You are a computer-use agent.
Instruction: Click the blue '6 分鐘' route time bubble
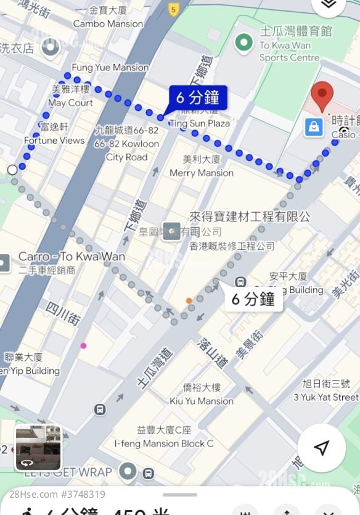(198, 97)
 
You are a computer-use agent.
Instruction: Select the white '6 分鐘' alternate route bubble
(253, 299)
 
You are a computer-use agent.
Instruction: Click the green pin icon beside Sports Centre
(245, 43)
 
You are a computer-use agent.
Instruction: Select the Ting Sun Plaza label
(200, 123)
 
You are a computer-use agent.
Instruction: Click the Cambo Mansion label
(108, 23)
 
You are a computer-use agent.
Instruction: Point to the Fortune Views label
(54, 140)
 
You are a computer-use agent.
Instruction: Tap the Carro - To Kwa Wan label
(72, 257)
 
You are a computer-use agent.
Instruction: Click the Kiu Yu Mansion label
(202, 400)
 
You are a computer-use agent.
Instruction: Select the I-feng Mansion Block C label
(164, 443)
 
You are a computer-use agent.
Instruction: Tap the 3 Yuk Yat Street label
(326, 397)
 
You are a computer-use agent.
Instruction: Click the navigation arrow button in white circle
(321, 448)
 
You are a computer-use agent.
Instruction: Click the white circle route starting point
(12, 170)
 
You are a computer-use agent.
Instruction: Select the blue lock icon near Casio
(313, 127)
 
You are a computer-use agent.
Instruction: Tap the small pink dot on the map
(83, 345)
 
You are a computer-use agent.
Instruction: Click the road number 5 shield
(174, 9)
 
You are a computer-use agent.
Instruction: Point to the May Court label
(70, 103)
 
